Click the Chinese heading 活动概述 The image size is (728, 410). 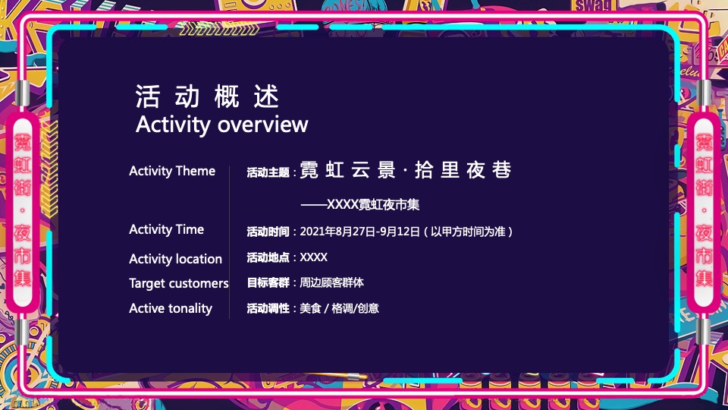tap(208, 97)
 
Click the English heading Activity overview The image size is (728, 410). tap(221, 125)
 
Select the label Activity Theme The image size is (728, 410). tap(172, 171)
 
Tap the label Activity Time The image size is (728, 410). tap(166, 229)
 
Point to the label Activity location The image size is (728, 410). tap(175, 259)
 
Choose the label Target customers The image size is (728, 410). tap(178, 283)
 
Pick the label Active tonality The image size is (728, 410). tap(171, 308)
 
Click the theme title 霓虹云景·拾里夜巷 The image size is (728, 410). tap(406, 170)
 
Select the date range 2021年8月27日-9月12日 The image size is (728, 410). tap(360, 232)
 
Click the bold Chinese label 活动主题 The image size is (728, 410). tap(268, 173)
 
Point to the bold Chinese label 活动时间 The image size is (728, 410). tap(268, 232)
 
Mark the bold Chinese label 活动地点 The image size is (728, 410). tap(268, 257)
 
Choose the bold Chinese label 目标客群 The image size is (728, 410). tap(268, 282)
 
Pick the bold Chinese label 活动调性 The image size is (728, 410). tap(268, 308)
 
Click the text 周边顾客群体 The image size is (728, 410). tap(332, 282)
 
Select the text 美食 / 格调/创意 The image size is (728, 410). tap(340, 308)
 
